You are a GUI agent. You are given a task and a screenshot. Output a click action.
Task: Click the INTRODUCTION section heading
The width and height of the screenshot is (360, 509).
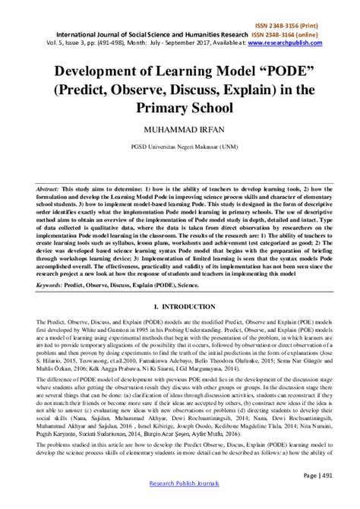(x=189, y=305)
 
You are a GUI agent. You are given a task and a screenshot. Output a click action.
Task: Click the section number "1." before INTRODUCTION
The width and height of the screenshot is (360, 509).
(x=156, y=305)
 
